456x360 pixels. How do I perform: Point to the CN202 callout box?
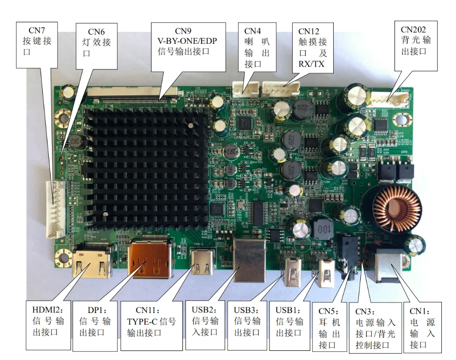tap(415, 40)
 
